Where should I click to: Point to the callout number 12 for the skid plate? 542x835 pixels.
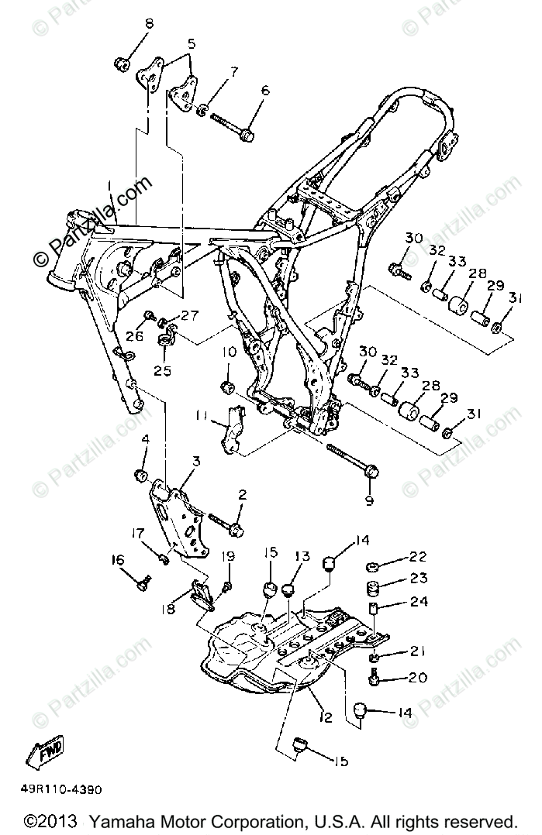click(x=325, y=718)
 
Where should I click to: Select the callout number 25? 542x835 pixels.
click(x=162, y=371)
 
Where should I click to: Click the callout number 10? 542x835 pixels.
click(x=229, y=352)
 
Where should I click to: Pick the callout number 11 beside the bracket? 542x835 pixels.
click(x=201, y=415)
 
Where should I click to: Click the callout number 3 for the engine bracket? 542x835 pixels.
click(x=195, y=461)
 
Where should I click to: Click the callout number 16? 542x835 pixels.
click(x=117, y=561)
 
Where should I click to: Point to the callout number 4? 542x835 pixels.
click(x=143, y=441)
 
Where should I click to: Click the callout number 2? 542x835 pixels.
click(x=242, y=494)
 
